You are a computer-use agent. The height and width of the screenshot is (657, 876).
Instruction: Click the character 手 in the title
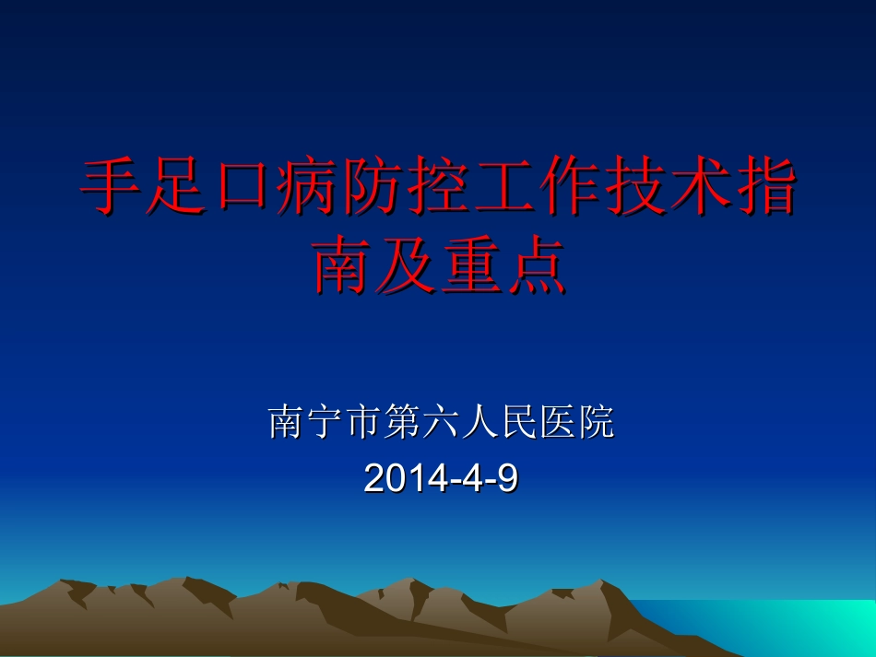point(112,186)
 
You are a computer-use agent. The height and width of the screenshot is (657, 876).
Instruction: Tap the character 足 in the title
point(176,186)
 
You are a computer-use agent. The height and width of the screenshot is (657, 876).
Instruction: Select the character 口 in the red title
point(241,187)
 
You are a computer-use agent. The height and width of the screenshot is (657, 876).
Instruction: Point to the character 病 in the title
point(306,186)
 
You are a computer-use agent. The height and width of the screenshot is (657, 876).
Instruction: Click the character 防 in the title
point(372,186)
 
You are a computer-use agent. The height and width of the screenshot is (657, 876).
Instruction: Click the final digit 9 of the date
point(506,477)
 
